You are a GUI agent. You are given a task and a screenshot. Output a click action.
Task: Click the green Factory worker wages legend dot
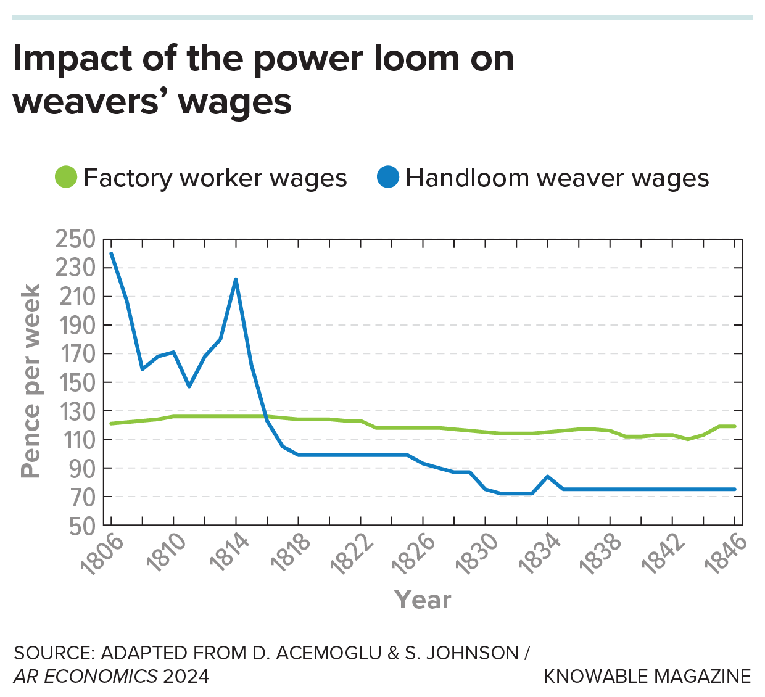[65, 178]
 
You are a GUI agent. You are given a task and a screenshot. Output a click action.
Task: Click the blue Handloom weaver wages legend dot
[388, 178]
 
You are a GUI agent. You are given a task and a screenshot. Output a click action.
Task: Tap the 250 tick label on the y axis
[76, 239]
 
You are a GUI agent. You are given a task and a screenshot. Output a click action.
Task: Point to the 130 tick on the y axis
[76, 411]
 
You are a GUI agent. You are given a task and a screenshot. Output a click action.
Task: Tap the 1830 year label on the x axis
[476, 555]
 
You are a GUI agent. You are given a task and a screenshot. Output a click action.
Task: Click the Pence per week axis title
[30, 381]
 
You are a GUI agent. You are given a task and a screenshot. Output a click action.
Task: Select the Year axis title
[423, 600]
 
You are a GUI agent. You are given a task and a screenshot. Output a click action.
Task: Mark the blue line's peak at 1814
[236, 279]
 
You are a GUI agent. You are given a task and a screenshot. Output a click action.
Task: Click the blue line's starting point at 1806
[111, 254]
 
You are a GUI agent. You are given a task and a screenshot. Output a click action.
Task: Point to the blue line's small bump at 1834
[547, 476]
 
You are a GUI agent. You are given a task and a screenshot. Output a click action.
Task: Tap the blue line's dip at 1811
[189, 386]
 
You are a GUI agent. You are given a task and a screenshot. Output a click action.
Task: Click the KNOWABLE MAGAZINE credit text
[647, 676]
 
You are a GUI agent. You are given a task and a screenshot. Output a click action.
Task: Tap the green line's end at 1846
[735, 426]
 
